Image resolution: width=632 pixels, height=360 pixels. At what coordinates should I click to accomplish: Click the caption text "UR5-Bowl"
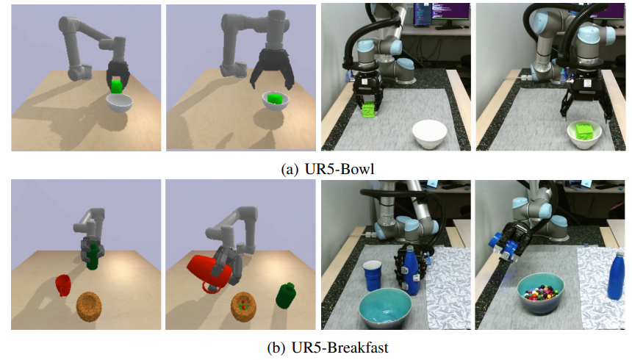pyautogui.click(x=340, y=168)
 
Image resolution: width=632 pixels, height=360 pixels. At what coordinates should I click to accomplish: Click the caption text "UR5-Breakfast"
pyautogui.click(x=340, y=347)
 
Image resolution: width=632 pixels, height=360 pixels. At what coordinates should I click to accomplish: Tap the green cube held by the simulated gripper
pyautogui.click(x=117, y=87)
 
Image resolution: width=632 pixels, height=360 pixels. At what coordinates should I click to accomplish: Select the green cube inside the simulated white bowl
pyautogui.click(x=276, y=98)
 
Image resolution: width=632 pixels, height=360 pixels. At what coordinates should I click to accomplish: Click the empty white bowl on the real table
pyautogui.click(x=430, y=135)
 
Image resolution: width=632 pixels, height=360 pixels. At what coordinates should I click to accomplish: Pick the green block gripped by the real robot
pyautogui.click(x=369, y=110)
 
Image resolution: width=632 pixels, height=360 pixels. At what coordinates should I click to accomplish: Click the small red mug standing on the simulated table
pyautogui.click(x=63, y=285)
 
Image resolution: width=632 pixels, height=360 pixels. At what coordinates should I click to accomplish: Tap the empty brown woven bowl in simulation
pyautogui.click(x=89, y=307)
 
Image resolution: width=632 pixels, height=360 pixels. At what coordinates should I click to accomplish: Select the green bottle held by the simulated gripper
pyautogui.click(x=93, y=256)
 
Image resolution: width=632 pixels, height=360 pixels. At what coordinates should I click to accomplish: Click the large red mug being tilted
pyautogui.click(x=210, y=272)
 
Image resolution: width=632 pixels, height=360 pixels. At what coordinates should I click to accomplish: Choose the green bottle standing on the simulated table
pyautogui.click(x=286, y=296)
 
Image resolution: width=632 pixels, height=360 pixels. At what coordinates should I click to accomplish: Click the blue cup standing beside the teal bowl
pyautogui.click(x=373, y=276)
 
